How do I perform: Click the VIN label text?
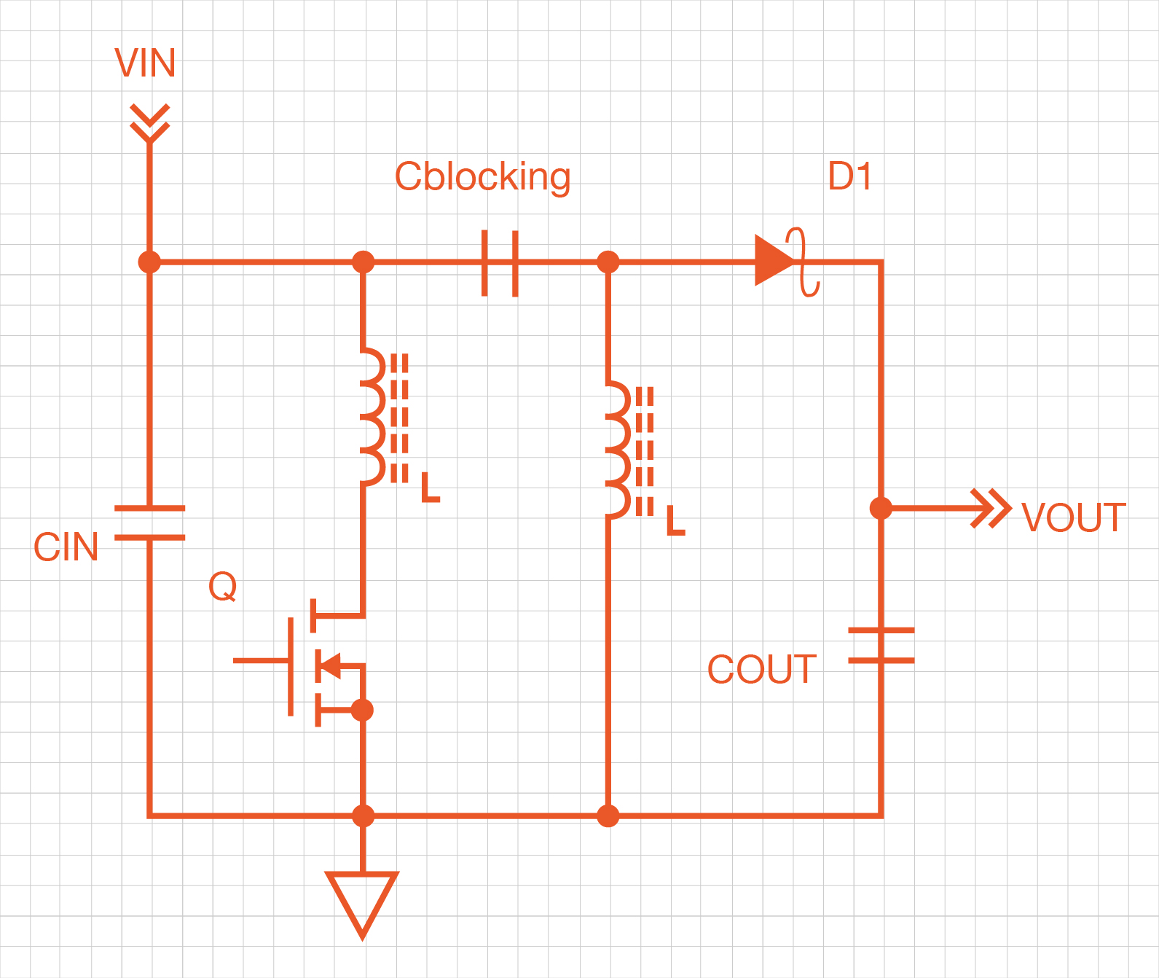click(x=145, y=63)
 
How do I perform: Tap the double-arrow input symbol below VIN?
click(x=149, y=122)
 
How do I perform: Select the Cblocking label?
click(x=482, y=177)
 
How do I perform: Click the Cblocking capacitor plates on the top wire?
click(x=500, y=263)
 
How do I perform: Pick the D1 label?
click(x=849, y=176)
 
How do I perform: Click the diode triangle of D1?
click(x=772, y=260)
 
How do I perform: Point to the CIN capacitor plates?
click(x=149, y=523)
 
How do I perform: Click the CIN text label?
click(x=66, y=547)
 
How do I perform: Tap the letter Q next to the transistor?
click(x=222, y=587)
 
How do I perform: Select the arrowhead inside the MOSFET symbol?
click(x=329, y=665)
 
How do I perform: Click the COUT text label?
click(x=761, y=669)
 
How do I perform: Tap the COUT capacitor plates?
click(x=881, y=645)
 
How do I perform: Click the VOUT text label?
click(x=1073, y=517)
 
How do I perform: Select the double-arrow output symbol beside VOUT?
click(x=991, y=508)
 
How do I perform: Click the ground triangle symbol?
click(x=362, y=901)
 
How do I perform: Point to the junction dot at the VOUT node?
click(x=881, y=508)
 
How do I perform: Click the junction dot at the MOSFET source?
click(x=362, y=709)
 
